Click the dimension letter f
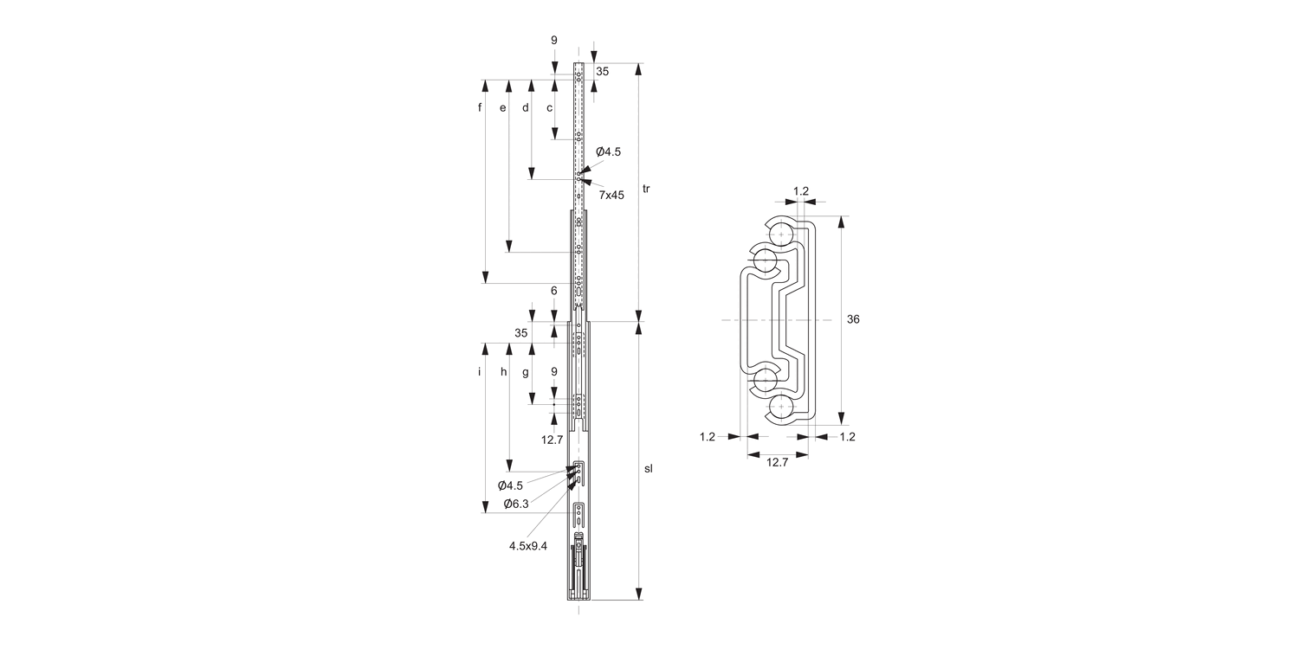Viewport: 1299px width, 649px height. pyautogui.click(x=480, y=108)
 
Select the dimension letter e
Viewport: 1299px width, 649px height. pyautogui.click(x=503, y=108)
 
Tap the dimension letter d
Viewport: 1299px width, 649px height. pyautogui.click(x=526, y=108)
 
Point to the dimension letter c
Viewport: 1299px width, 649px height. pyautogui.click(x=549, y=108)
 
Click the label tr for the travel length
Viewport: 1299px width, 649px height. pyautogui.click(x=647, y=189)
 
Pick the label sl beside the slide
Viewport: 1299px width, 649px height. pyautogui.click(x=648, y=468)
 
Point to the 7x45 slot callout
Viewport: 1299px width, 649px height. pyautogui.click(x=611, y=196)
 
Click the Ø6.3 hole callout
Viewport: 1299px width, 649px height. pyautogui.click(x=516, y=504)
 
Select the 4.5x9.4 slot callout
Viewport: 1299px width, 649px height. pyautogui.click(x=528, y=545)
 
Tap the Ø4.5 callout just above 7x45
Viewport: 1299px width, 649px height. pyautogui.click(x=608, y=151)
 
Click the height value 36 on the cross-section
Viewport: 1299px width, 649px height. pyautogui.click(x=853, y=319)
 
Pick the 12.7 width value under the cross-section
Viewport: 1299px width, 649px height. pyautogui.click(x=777, y=462)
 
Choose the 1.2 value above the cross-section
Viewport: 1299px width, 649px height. pyautogui.click(x=801, y=190)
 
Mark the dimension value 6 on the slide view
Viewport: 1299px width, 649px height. pyautogui.click(x=554, y=291)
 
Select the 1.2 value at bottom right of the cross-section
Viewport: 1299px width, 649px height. pyautogui.click(x=847, y=437)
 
